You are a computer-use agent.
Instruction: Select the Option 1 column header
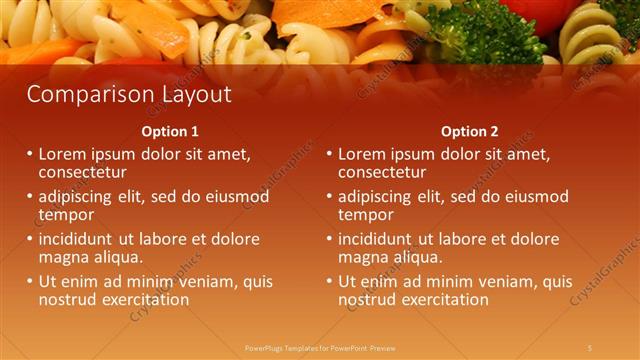click(169, 131)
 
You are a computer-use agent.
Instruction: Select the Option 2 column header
click(469, 131)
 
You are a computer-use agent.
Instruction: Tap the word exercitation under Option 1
click(142, 299)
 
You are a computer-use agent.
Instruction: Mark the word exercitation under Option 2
click(442, 299)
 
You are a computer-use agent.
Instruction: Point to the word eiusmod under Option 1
click(235, 197)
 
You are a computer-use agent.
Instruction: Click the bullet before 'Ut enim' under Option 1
click(29, 282)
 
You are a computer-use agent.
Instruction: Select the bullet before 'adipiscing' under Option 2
click(329, 197)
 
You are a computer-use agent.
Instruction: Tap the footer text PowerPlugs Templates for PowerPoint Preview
click(320, 347)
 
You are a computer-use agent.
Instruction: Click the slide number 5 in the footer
click(590, 347)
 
